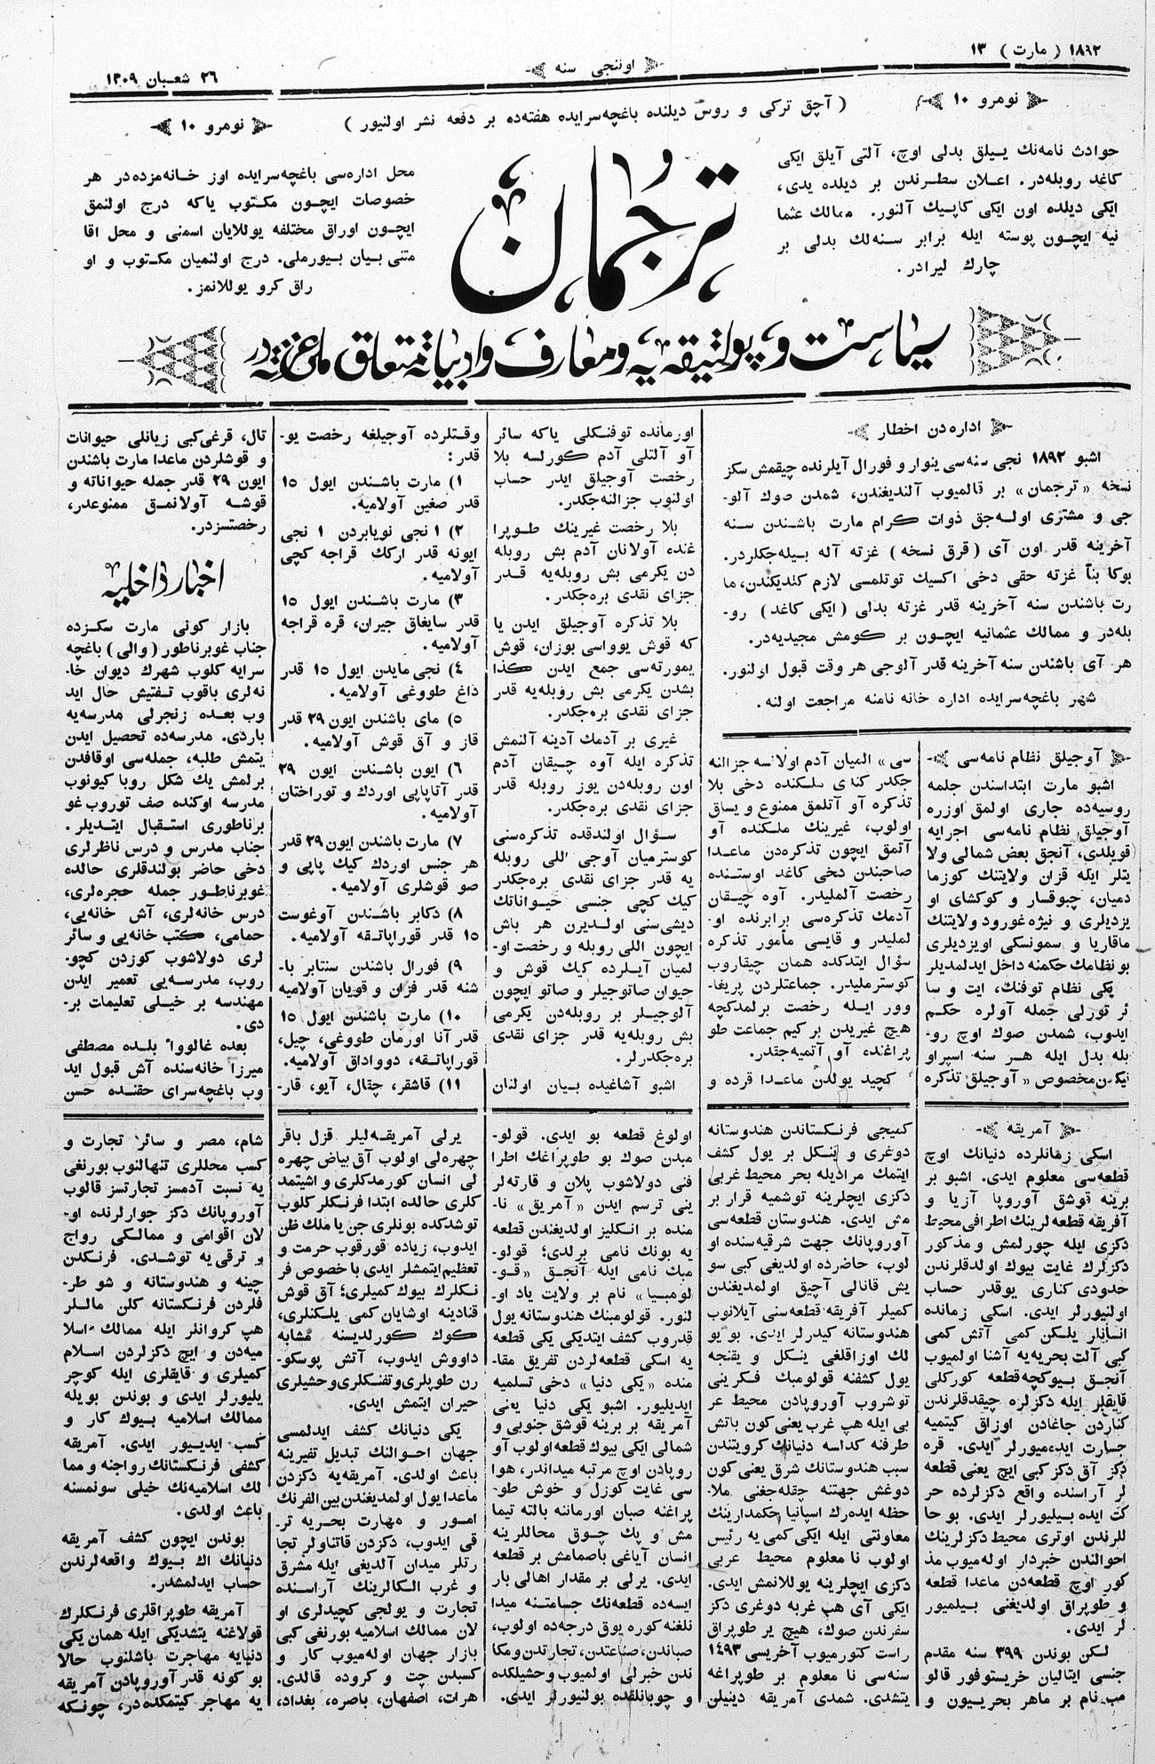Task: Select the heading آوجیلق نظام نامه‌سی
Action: point(1023,756)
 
